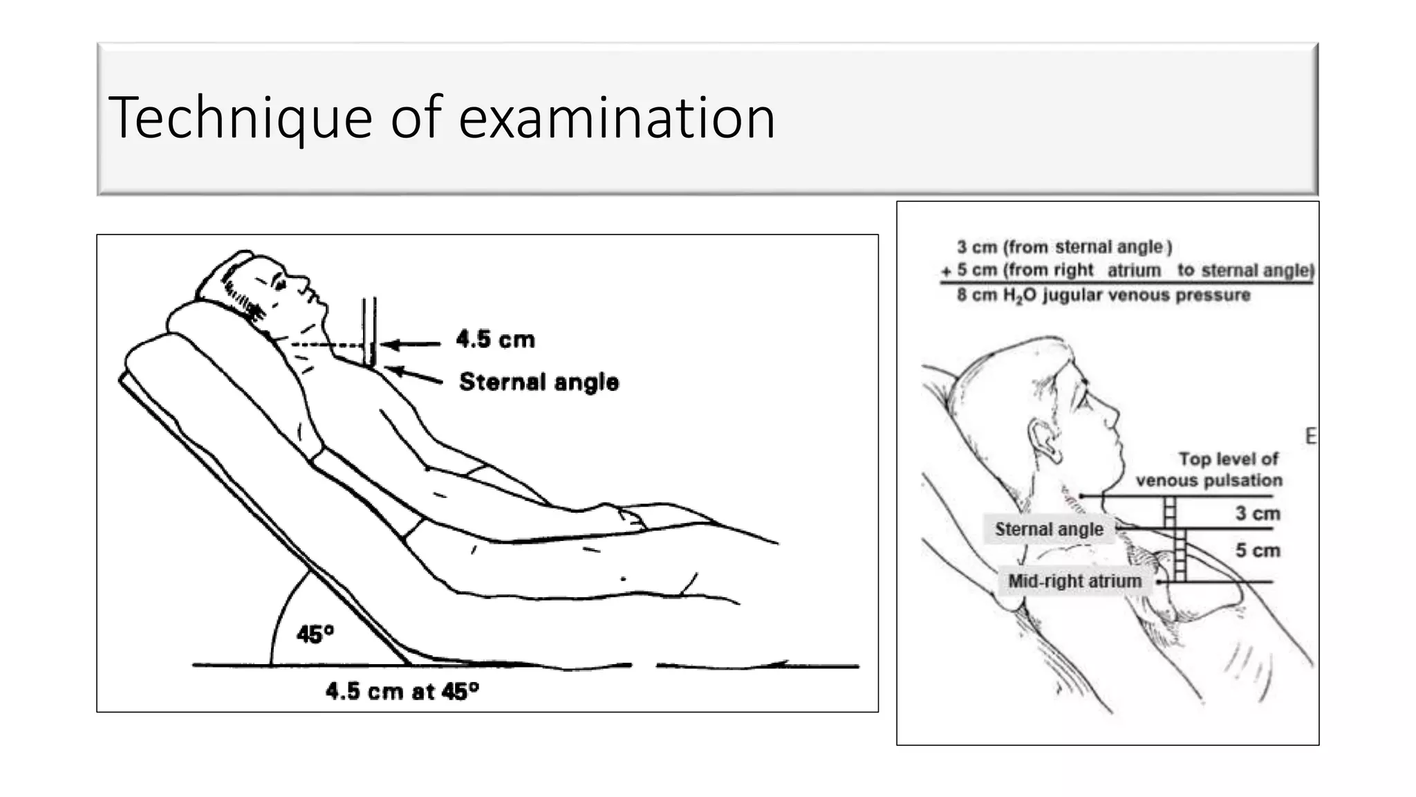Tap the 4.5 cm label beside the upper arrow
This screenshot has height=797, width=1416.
495,340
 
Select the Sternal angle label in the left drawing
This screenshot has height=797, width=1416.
539,382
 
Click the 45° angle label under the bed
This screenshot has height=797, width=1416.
315,634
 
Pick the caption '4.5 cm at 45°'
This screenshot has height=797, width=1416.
402,691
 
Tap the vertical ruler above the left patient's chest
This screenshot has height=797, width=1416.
369,331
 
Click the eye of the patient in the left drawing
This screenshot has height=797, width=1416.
279,284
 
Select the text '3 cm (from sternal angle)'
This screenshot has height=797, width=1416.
1064,247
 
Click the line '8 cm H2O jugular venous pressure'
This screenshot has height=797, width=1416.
1103,295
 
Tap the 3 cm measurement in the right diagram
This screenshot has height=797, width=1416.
1258,513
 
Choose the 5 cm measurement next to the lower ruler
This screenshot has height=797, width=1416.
1258,551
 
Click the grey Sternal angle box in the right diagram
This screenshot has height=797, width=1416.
1049,529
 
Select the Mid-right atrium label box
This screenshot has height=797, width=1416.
1074,581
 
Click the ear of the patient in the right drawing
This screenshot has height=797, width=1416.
1044,440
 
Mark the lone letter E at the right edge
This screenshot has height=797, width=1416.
1310,437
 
